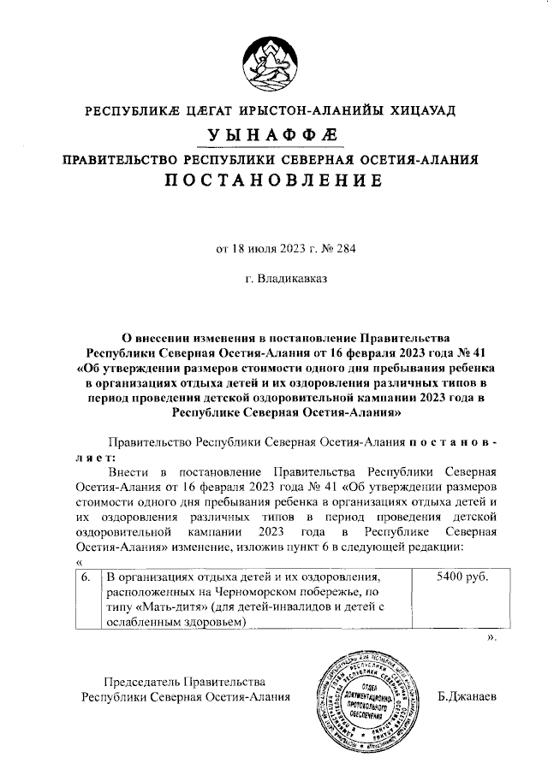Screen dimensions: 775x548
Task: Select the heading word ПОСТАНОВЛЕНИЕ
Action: [x=273, y=180]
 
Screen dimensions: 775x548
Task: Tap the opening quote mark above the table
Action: [x=79, y=560]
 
